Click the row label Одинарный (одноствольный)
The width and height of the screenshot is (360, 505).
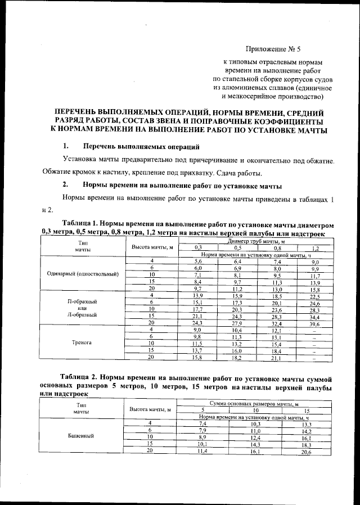click(x=83, y=274)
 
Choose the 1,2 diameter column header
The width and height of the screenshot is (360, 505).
click(x=315, y=247)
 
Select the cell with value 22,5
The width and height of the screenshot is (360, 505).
click(x=314, y=296)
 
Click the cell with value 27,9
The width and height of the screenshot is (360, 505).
click(x=237, y=324)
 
